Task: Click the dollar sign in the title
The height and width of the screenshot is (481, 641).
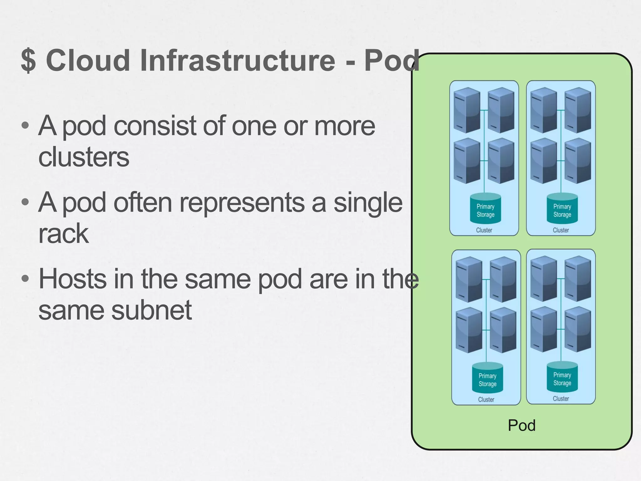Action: coord(28,60)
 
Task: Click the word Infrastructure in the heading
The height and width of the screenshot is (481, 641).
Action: coord(238,60)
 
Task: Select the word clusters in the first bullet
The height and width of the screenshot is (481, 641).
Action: coord(84,157)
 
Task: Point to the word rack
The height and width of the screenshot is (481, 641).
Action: coord(64,233)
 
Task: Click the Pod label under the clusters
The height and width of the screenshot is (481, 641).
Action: coord(521,425)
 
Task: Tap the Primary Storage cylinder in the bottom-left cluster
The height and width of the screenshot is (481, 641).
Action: coord(487,378)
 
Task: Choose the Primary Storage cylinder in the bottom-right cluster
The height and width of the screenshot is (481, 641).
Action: coord(562,377)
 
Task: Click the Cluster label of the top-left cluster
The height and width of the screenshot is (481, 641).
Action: coord(484,230)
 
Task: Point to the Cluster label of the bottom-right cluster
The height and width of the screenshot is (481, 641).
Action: coord(561,399)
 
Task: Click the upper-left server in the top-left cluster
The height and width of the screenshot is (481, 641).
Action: coord(467,110)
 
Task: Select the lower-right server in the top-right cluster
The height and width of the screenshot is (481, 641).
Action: coord(578,161)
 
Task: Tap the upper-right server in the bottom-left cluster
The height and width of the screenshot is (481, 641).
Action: coord(503,280)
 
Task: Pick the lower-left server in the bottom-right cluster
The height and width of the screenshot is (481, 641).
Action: coord(544,329)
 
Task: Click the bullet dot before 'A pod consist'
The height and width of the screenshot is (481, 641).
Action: coord(25,126)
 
